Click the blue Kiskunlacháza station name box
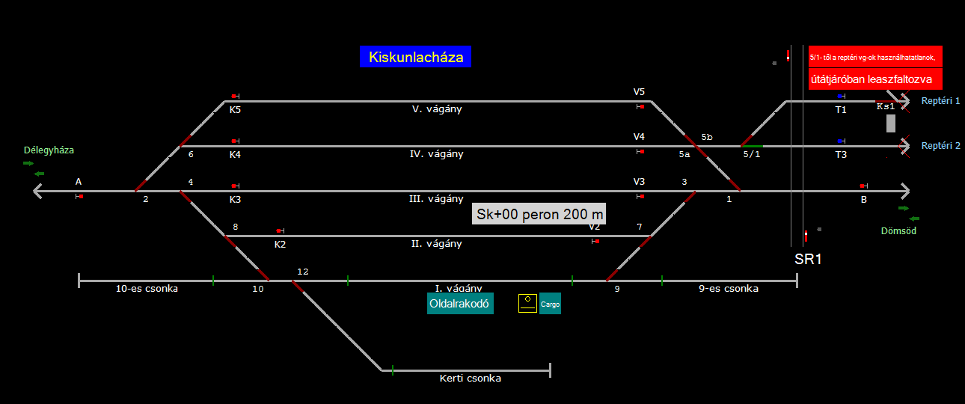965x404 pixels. (x=415, y=57)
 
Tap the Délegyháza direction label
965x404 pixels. (x=49, y=150)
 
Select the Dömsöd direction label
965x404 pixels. (x=898, y=230)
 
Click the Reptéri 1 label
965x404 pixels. (x=940, y=100)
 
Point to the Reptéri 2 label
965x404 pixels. (x=940, y=146)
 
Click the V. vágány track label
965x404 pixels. (x=438, y=109)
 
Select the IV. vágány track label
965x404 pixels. (x=438, y=154)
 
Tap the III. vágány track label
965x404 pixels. (x=438, y=199)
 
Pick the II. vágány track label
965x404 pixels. (x=438, y=244)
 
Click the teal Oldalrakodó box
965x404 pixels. (x=460, y=304)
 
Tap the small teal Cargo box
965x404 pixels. (x=550, y=304)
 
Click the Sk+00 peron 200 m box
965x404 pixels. (x=539, y=214)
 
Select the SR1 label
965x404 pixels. (x=808, y=260)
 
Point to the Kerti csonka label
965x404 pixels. (x=470, y=379)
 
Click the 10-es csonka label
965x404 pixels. (x=147, y=288)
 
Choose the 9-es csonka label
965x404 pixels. (x=729, y=288)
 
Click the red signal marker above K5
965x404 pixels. (x=234, y=96)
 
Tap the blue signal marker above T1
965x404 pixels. (x=841, y=96)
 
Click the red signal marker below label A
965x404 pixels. (x=81, y=196)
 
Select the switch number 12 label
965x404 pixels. (x=302, y=271)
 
